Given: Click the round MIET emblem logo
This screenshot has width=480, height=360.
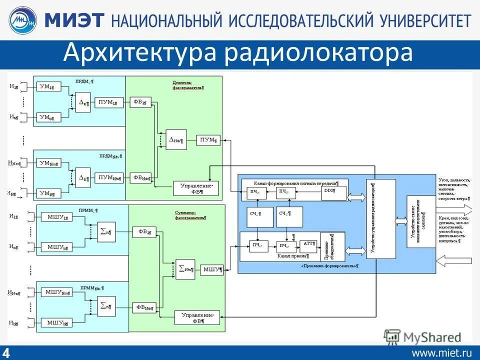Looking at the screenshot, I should (22, 20).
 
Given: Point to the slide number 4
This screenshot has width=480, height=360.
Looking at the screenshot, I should (7, 351).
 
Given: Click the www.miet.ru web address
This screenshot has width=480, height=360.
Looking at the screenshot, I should (441, 352).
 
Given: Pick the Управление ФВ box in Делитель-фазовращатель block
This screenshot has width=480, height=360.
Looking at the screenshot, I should (195, 188).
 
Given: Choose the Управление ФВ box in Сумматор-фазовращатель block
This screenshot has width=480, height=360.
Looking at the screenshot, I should (197, 317).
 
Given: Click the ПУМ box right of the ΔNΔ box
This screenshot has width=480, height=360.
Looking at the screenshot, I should (208, 140).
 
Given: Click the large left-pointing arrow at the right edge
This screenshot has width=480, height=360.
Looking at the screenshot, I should (453, 259).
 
